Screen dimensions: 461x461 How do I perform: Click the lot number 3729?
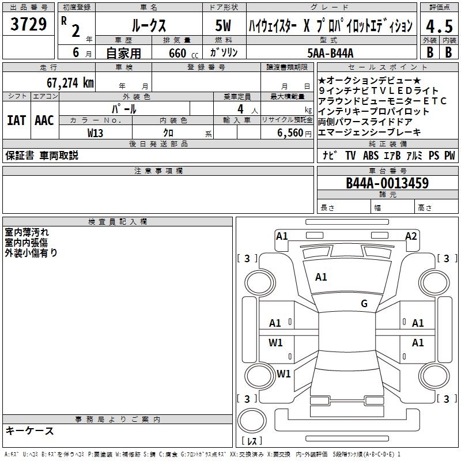pos(29,26)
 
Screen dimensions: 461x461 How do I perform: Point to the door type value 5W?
pos(224,27)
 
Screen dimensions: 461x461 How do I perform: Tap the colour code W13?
pos(96,133)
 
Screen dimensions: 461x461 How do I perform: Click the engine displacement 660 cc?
pos(174,53)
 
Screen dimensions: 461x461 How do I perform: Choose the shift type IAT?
pos(16,120)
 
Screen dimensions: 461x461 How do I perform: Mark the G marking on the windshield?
pos(364,304)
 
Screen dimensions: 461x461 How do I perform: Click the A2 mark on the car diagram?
pos(411,236)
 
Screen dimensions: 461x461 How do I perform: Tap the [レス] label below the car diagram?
pos(252,441)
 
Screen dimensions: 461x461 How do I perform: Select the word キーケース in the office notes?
pos(30,431)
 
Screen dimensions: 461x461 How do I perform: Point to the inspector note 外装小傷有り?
pos(31,252)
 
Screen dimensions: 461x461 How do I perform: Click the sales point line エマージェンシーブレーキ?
pos(369,132)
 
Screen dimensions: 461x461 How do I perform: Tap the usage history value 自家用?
pos(123,53)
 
